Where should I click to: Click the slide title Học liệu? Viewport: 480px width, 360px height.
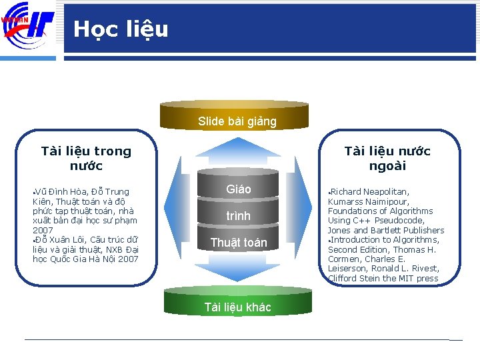tap(121, 29)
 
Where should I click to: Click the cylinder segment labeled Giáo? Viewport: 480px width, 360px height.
tap(238, 189)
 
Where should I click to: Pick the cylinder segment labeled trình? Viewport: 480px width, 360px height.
tap(238, 216)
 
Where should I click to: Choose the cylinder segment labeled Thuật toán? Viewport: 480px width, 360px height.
tap(238, 243)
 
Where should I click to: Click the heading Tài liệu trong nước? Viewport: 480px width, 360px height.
tap(86, 159)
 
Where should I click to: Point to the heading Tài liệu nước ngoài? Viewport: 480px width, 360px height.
tap(387, 159)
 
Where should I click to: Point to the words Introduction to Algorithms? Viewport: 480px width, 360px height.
tap(384, 240)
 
